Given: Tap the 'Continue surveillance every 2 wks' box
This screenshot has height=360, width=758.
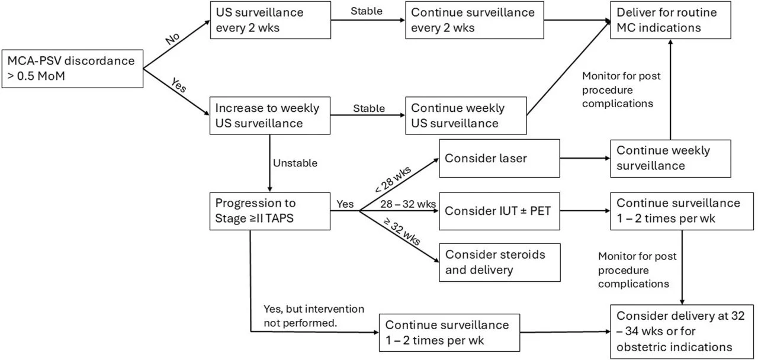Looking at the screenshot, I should coord(474,20).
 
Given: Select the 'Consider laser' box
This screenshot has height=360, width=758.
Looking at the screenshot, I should coord(499,158).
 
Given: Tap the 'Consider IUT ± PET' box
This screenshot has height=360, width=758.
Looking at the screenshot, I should coord(499,210).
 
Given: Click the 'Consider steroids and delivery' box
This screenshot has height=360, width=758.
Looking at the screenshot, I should coord(499,262).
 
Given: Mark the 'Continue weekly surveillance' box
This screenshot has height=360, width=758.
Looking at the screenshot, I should coord(671,158).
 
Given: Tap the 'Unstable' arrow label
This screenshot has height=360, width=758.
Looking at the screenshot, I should coord(295,163).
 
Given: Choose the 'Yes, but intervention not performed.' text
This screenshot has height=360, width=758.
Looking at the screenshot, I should coord(314,315).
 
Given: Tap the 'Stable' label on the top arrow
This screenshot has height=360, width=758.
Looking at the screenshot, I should coord(367,11).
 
